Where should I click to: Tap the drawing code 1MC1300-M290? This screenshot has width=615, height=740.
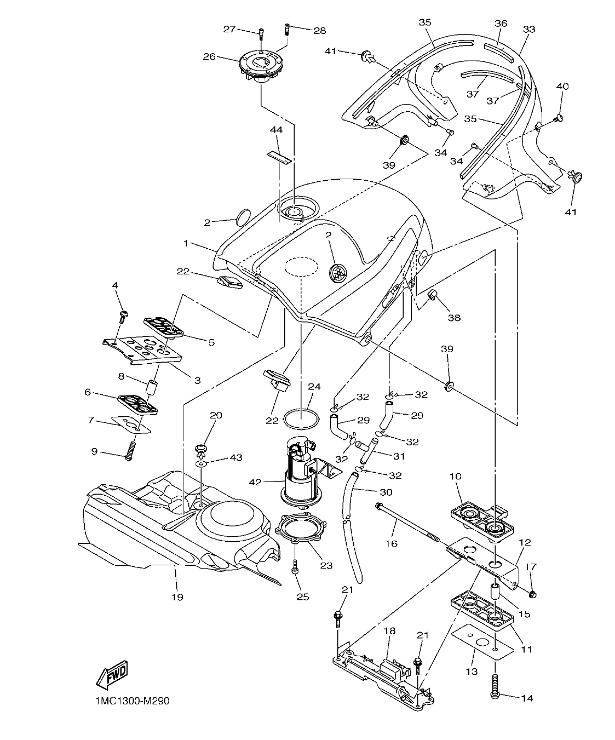129,701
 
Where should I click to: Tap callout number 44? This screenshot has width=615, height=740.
276,130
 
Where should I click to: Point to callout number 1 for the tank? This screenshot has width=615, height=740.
186,243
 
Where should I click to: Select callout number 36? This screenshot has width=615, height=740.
501,24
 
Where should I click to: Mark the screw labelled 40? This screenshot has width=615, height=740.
559,118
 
